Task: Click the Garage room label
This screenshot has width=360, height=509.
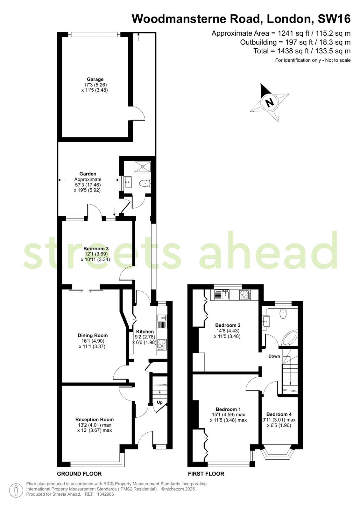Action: (95, 79)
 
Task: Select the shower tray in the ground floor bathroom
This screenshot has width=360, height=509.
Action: (143, 167)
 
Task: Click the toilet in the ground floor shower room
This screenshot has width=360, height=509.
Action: (145, 183)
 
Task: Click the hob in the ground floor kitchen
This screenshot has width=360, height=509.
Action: (162, 344)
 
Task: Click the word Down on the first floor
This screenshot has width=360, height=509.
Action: (274, 356)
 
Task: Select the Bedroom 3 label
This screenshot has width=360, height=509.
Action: (96, 248)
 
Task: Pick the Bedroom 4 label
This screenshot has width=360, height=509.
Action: (279, 414)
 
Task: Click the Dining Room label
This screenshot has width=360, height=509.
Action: (93, 335)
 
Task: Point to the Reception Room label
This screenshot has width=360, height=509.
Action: (95, 420)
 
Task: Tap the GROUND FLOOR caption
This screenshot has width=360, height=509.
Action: (79, 474)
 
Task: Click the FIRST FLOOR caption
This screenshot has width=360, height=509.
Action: (206, 474)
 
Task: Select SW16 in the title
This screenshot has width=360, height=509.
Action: (334, 19)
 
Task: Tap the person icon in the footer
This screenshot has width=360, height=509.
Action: (16, 491)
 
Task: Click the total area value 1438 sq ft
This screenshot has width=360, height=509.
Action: (293, 51)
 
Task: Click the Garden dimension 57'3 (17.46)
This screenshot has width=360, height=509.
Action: (88, 185)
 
